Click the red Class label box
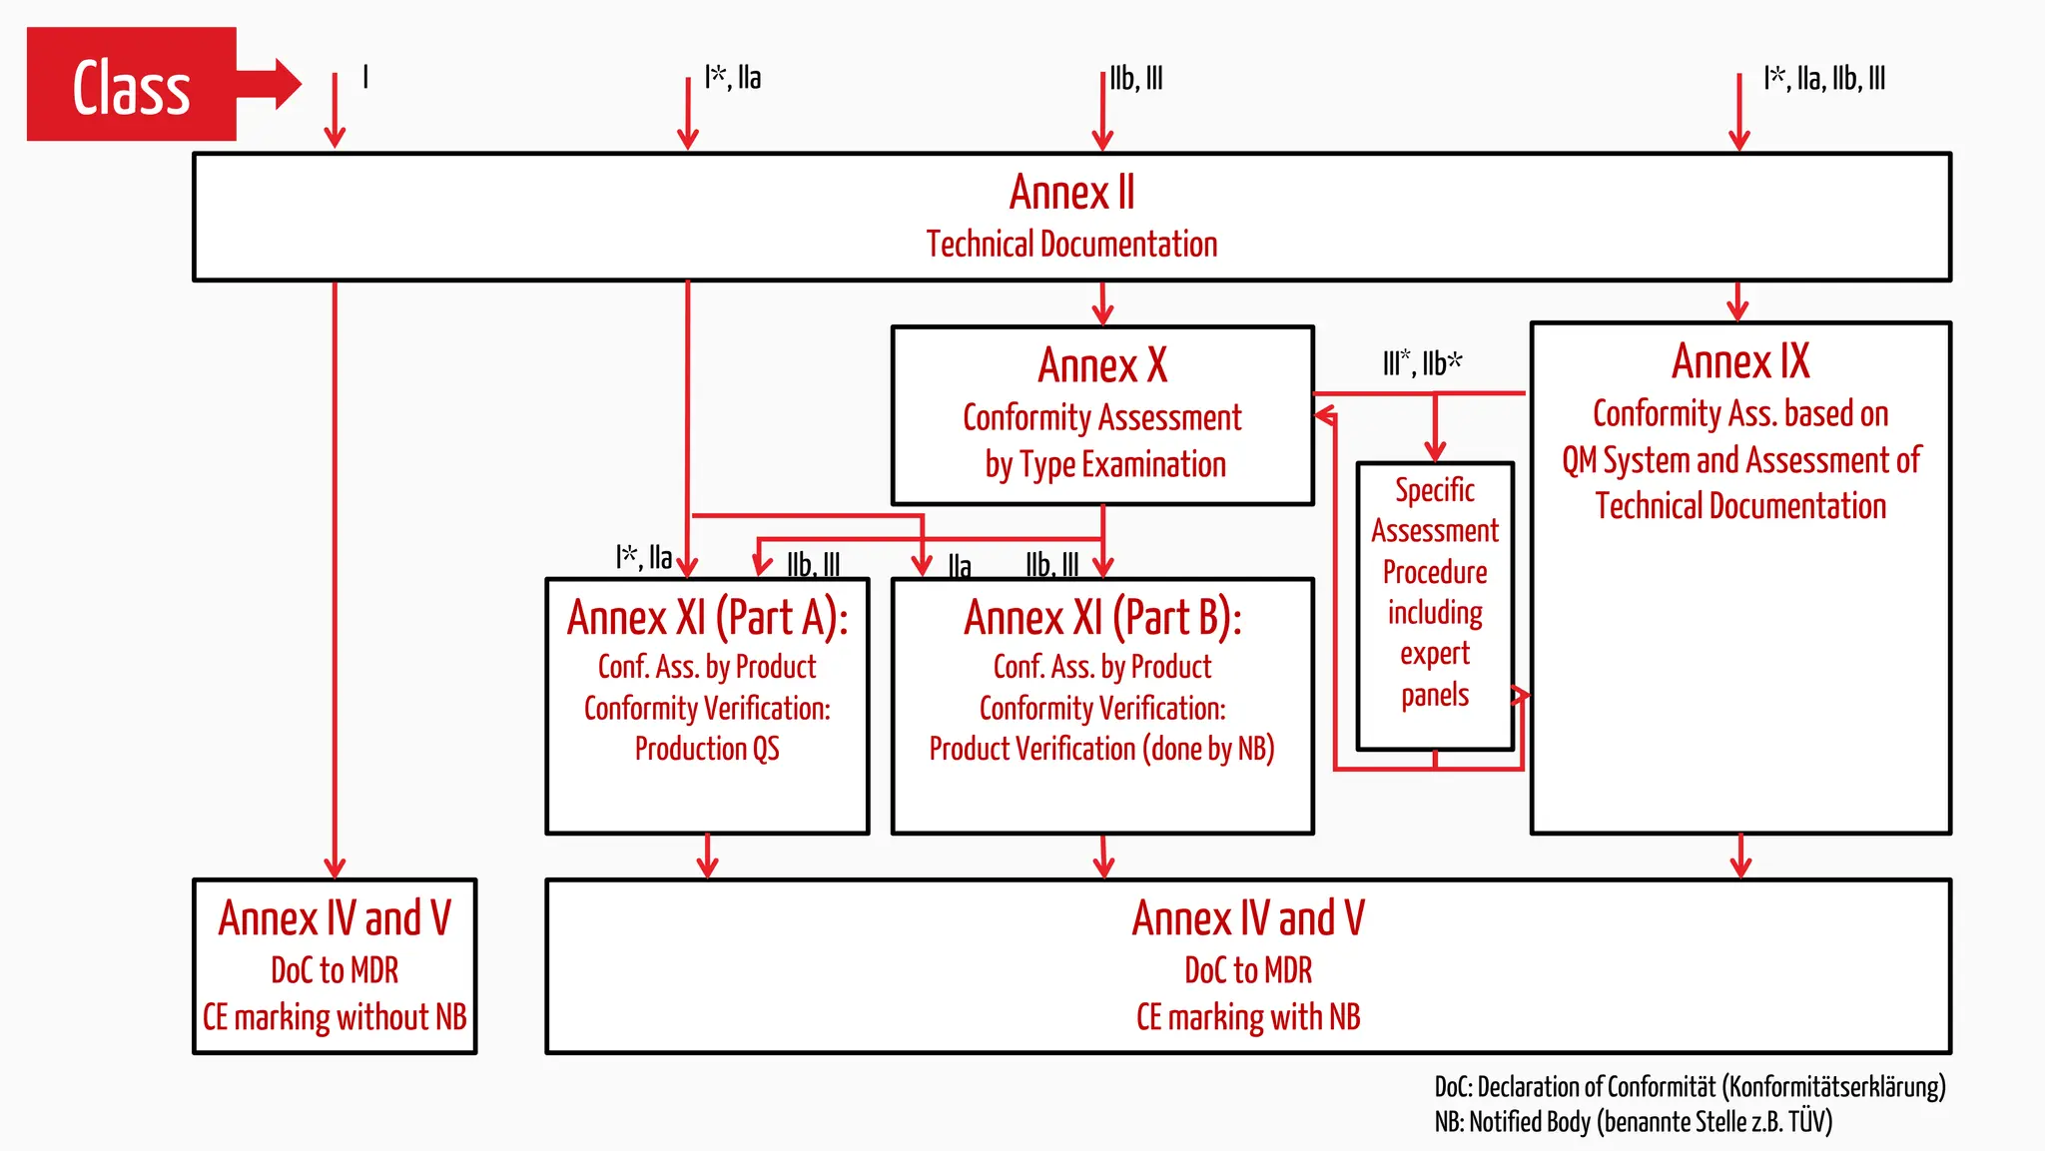[131, 85]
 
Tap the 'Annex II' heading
[1071, 193]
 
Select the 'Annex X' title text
[1102, 365]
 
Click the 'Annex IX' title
[1740, 361]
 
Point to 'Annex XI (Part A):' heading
[707, 618]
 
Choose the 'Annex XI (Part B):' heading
[1102, 618]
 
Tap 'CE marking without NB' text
[335, 1017]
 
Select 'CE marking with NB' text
[1248, 1017]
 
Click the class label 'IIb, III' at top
[1136, 78]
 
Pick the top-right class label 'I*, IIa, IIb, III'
[1824, 78]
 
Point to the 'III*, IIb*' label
[1422, 363]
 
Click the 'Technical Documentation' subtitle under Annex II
[1071, 245]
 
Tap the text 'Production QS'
[707, 749]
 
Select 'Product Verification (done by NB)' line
[1102, 749]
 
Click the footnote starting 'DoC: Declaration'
[1690, 1086]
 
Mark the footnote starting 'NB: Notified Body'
[1634, 1122]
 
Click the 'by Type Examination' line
[1105, 465]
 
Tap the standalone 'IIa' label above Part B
[960, 566]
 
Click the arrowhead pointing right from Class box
[287, 84]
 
